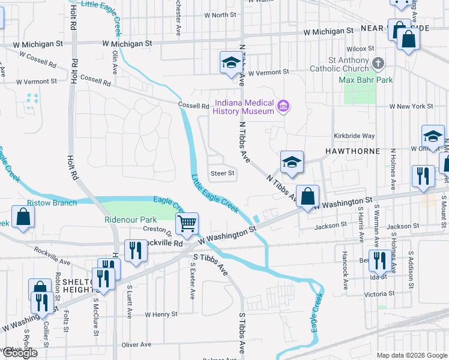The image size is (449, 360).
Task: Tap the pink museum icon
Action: pyautogui.click(x=284, y=107)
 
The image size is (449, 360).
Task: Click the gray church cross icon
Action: pyautogui.click(x=378, y=63)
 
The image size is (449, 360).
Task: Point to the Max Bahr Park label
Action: pyautogui.click(x=366, y=80)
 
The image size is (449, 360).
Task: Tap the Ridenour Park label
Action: pyautogui.click(x=130, y=220)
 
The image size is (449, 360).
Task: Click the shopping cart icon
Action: pyautogui.click(x=187, y=224)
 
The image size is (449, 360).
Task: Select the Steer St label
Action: pyautogui.click(x=221, y=173)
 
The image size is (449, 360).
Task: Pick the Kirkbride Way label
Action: pyautogui.click(x=355, y=136)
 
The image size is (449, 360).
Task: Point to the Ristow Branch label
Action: pyautogui.click(x=52, y=203)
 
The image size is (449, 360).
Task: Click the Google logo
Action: pyautogui.click(x=19, y=353)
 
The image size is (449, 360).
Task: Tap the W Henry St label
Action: pyautogui.click(x=163, y=314)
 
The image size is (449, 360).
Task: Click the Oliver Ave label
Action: pyautogui.click(x=136, y=344)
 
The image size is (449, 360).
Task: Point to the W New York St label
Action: pyautogui.click(x=411, y=106)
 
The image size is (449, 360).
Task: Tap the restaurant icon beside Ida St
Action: pyautogui.click(x=379, y=260)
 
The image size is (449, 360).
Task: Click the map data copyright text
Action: pyautogui.click(x=411, y=355)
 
